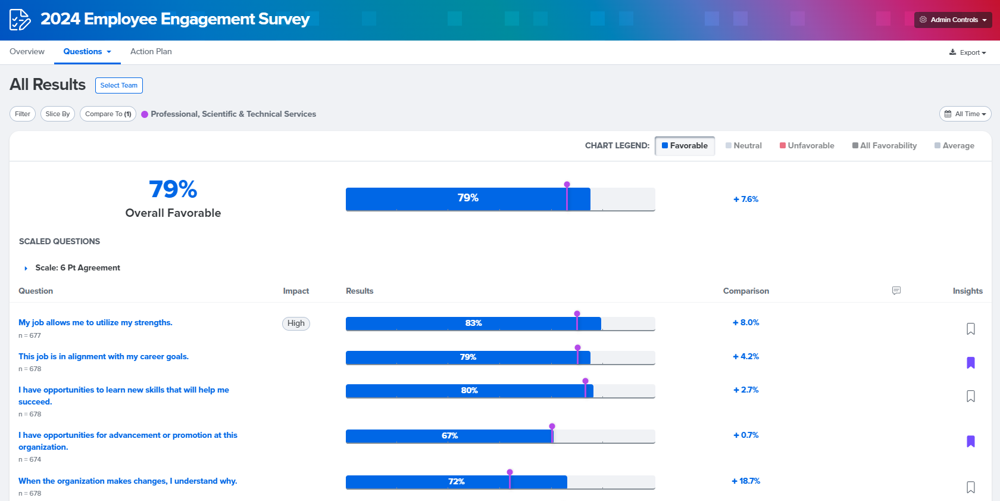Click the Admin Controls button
953,20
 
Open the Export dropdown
968,52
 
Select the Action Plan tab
151,52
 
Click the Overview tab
27,52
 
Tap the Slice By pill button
58,114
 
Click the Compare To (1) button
108,114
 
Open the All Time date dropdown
965,114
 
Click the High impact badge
296,323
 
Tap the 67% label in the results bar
449,436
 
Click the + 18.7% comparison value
746,481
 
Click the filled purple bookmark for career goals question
970,363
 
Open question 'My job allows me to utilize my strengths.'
95,322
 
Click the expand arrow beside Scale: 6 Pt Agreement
26,268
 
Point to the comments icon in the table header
896,291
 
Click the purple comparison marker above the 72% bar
510,472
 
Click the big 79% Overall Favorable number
173,189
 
